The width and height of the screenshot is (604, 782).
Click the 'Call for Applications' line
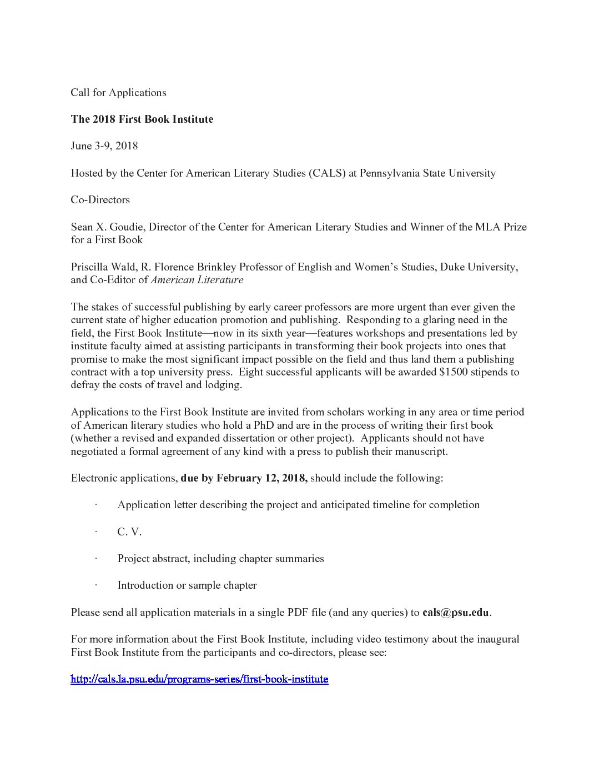[118, 93]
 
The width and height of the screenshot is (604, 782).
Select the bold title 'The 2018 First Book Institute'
[142, 119]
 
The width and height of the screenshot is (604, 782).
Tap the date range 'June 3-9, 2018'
[104, 146]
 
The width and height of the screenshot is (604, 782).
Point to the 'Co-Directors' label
[100, 199]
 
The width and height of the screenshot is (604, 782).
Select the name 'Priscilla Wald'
[102, 267]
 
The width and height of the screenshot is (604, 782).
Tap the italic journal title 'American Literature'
[197, 280]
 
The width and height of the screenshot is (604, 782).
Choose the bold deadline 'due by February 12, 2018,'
[244, 478]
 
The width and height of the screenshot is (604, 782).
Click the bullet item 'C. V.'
[129, 532]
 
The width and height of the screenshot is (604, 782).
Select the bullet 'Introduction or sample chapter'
[187, 585]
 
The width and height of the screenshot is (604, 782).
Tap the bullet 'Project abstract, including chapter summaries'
[220, 558]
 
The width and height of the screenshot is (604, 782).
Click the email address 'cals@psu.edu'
[456, 613]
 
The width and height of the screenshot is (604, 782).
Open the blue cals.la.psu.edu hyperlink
[199, 679]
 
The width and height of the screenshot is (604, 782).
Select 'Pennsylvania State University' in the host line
[427, 173]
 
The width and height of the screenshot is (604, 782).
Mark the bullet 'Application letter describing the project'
[298, 505]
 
